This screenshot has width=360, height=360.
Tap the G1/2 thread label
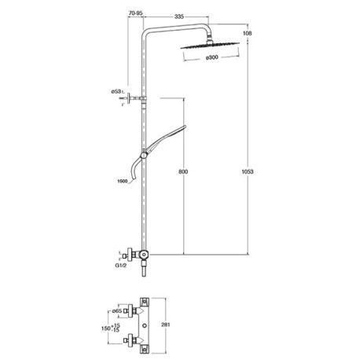click(x=119, y=267)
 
